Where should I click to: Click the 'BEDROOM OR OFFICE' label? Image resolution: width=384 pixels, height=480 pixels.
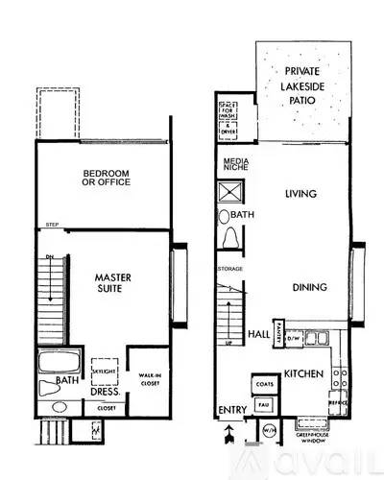105,179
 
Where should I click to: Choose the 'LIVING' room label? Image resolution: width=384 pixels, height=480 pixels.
300,194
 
